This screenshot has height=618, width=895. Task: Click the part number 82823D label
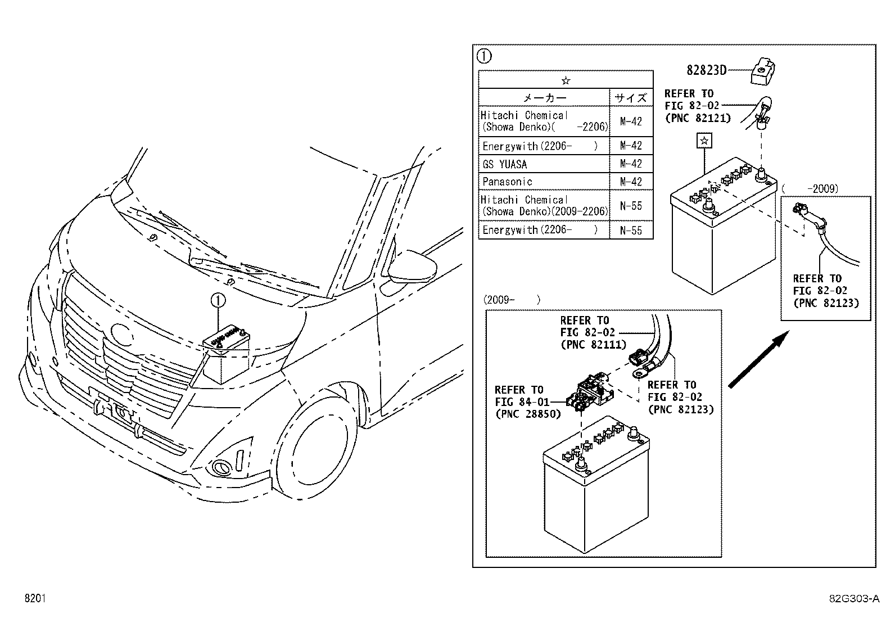click(x=706, y=70)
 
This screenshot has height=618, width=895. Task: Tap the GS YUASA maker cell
click(x=505, y=164)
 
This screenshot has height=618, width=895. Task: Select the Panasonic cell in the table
click(x=507, y=182)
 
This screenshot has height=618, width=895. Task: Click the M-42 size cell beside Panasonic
click(x=631, y=182)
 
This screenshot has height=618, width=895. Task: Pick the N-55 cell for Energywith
click(x=631, y=231)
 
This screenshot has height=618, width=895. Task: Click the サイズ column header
click(x=631, y=98)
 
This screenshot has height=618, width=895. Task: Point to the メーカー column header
click(x=545, y=98)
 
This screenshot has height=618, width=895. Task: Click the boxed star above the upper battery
click(x=704, y=141)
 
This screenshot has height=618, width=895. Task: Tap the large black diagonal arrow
click(x=759, y=359)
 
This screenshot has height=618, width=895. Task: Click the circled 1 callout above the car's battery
click(x=218, y=300)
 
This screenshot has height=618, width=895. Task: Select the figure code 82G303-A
click(x=855, y=598)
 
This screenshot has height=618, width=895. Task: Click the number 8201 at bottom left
click(x=35, y=598)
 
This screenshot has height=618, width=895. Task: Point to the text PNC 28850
click(x=528, y=414)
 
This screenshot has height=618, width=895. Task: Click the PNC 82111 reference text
click(x=594, y=345)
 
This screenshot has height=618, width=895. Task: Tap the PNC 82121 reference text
click(x=698, y=118)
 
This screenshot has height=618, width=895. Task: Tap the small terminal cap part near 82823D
click(x=762, y=72)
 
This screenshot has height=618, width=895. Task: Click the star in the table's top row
click(x=566, y=81)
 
